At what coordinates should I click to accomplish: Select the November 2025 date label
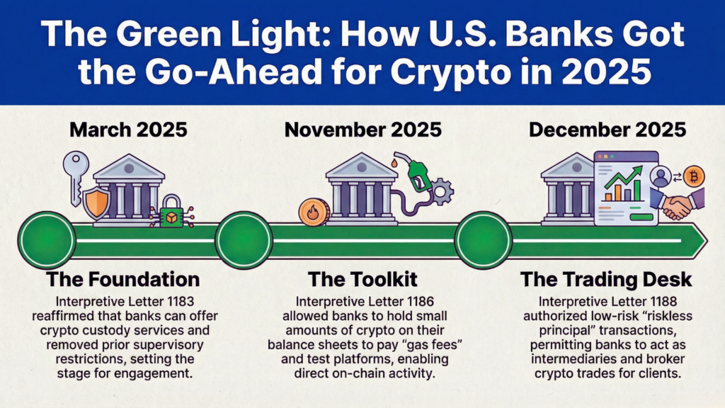tap(362, 130)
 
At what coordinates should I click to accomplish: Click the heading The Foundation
tap(122, 278)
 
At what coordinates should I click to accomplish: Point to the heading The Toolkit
tap(362, 278)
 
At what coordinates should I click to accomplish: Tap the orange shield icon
tap(96, 202)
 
